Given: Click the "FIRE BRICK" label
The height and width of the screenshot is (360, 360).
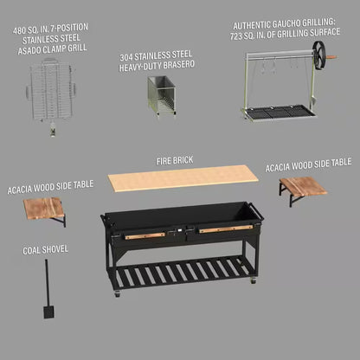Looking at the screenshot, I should click(x=175, y=160).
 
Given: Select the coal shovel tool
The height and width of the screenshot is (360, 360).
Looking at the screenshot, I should click(x=45, y=286).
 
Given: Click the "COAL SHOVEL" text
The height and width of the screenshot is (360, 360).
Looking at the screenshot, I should click(x=46, y=249).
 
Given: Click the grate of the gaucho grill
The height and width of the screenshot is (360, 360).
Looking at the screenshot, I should click(x=274, y=111).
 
